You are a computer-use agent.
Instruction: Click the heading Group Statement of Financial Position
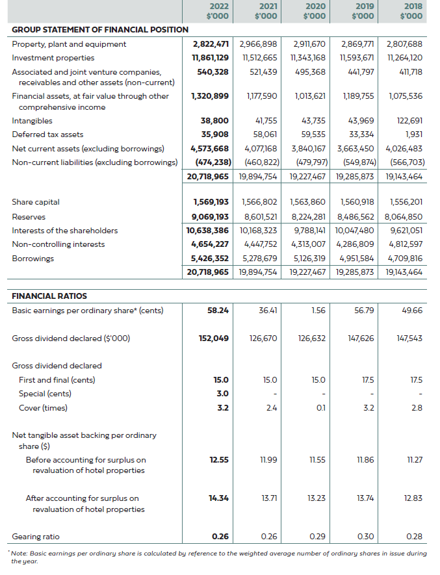[x=100, y=30]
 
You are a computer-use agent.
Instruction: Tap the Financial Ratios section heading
[x=49, y=296]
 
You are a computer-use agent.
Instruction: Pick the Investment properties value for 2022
[x=207, y=58]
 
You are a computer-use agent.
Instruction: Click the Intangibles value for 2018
[x=409, y=121]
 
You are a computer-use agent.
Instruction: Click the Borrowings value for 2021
[x=259, y=259]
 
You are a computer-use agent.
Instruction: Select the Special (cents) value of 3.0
[x=222, y=394]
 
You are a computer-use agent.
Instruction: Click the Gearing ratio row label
[x=36, y=537]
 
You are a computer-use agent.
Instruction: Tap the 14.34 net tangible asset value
[x=218, y=498]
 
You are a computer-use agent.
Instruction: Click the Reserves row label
[x=29, y=216]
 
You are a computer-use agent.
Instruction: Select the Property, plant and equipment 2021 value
[x=259, y=44]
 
